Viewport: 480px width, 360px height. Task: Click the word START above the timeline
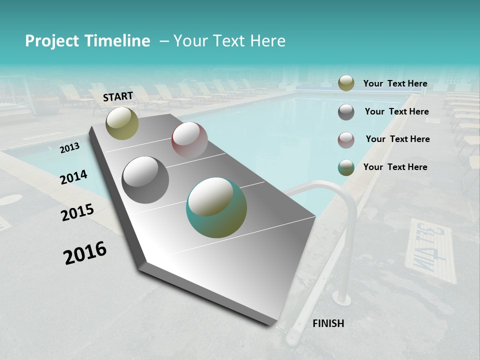[118, 96]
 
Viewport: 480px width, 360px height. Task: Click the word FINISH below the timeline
[328, 323]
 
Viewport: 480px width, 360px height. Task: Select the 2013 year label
[69, 148]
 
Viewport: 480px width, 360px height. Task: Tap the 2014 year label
[73, 177]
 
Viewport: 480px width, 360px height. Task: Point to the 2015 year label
[77, 212]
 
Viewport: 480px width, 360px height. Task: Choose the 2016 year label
[85, 252]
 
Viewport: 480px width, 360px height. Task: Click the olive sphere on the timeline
[122, 123]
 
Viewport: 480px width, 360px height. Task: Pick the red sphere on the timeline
[189, 140]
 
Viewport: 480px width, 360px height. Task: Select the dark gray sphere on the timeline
[145, 179]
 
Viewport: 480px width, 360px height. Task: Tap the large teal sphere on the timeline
[216, 207]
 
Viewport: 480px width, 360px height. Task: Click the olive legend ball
[346, 83]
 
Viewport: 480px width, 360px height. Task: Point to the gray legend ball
[346, 112]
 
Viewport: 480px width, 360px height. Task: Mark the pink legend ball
[346, 139]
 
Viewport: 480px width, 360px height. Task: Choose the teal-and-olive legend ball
[346, 167]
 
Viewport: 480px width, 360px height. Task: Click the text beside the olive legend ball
[395, 83]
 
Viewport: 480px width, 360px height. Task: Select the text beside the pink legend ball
[397, 139]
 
